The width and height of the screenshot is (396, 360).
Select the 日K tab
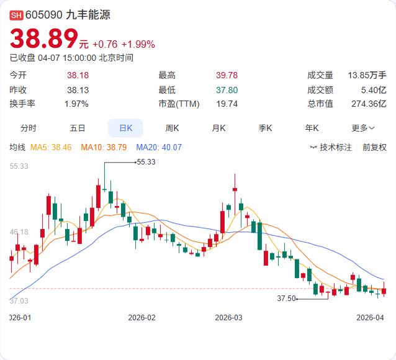pyautogui.click(x=125, y=128)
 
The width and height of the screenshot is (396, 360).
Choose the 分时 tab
pyautogui.click(x=29, y=128)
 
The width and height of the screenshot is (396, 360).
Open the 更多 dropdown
pyautogui.click(x=363, y=128)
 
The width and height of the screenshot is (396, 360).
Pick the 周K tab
pyautogui.click(x=172, y=128)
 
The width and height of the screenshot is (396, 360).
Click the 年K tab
pyautogui.click(x=312, y=128)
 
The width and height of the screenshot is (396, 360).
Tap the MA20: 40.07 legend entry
pyautogui.click(x=159, y=147)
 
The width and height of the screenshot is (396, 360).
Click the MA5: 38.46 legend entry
pyautogui.click(x=52, y=147)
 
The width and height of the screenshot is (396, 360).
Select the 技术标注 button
pyautogui.click(x=331, y=147)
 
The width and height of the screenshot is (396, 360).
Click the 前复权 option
pyautogui.click(x=374, y=147)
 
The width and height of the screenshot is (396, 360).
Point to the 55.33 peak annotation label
pyautogui.click(x=146, y=161)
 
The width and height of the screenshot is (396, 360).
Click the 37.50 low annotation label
pyautogui.click(x=286, y=299)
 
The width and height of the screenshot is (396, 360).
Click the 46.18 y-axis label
pyautogui.click(x=19, y=232)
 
